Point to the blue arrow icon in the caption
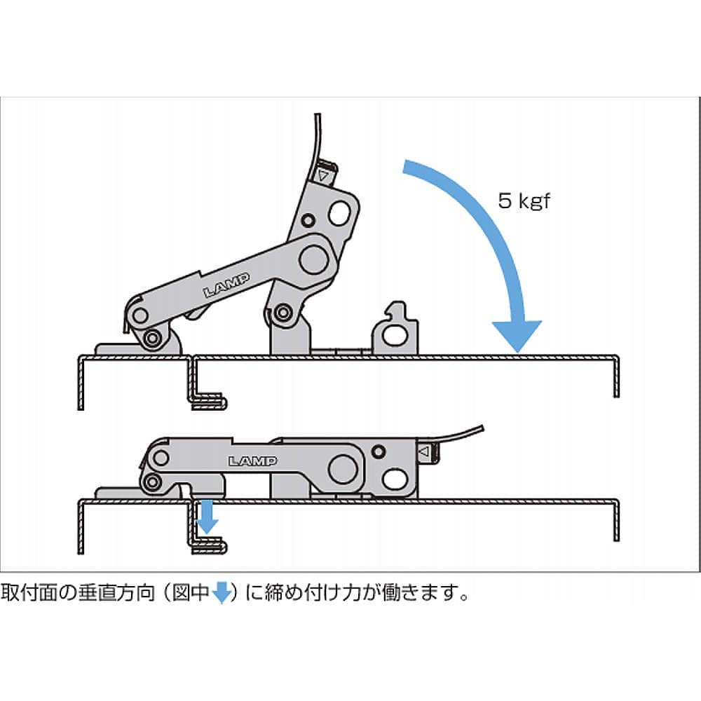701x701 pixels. tap(222, 594)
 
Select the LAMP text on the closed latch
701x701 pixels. tap(252, 461)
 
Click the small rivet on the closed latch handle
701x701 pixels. tap(379, 451)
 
